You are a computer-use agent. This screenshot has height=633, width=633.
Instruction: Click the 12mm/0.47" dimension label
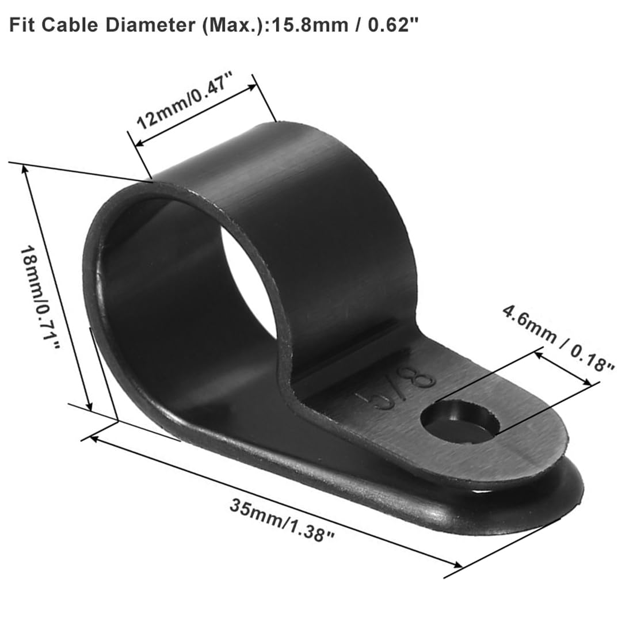[x=186, y=100]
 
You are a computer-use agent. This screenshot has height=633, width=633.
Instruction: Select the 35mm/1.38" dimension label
[x=282, y=520]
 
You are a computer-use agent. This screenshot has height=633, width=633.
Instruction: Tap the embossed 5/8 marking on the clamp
[x=396, y=390]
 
